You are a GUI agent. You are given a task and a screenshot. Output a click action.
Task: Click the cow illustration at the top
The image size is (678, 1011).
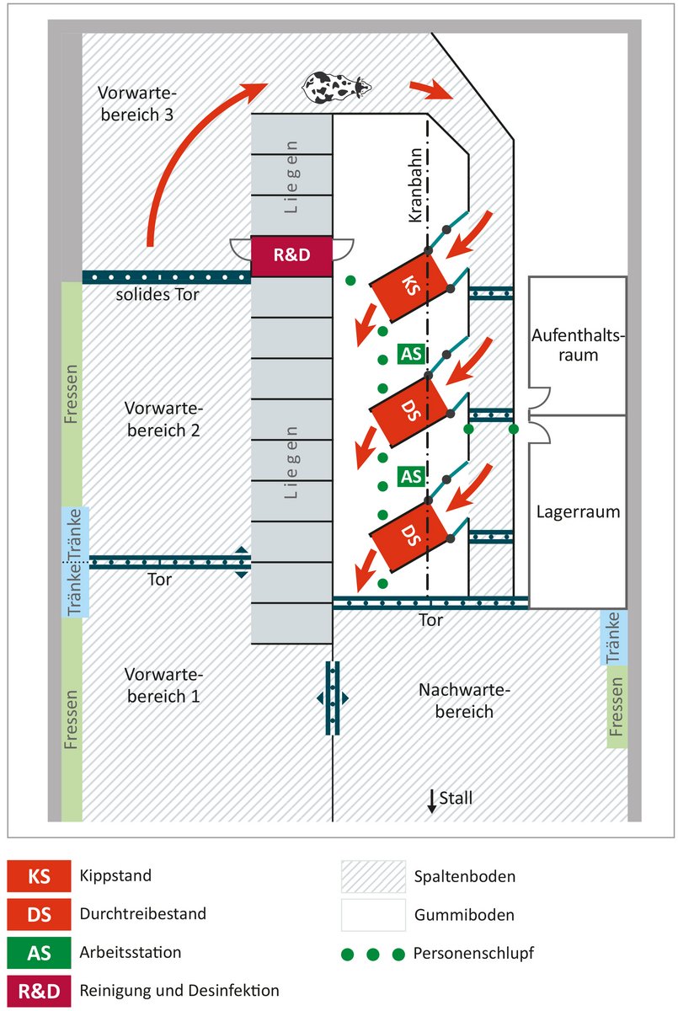point(336,85)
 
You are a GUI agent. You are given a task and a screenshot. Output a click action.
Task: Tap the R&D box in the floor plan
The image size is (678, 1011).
point(292,256)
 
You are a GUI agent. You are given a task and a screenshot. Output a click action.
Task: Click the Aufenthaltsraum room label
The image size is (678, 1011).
point(577,345)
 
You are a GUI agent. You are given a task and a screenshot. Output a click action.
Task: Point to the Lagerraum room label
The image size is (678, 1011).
point(578,511)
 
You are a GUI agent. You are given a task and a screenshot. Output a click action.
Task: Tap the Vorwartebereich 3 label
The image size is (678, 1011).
point(136,104)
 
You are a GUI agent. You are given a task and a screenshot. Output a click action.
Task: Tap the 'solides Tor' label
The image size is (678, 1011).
point(158,295)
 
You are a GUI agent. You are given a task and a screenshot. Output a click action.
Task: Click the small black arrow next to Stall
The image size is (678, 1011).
point(432,800)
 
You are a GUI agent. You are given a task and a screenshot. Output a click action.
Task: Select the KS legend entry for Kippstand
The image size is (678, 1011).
point(39,876)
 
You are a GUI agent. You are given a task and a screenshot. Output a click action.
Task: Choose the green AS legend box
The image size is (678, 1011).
point(39,953)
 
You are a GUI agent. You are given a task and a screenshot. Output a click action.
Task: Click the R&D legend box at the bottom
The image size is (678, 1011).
point(39,991)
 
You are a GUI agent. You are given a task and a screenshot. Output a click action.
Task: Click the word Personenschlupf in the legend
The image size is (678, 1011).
point(474,954)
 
